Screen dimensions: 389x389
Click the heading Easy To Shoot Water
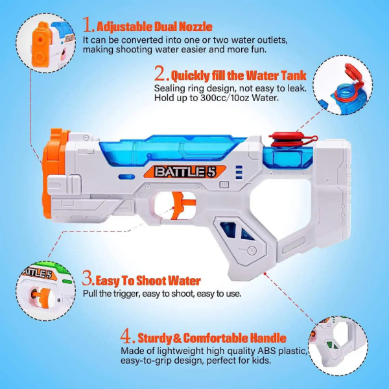[x=148, y=281]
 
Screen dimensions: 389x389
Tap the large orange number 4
[x=128, y=337]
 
